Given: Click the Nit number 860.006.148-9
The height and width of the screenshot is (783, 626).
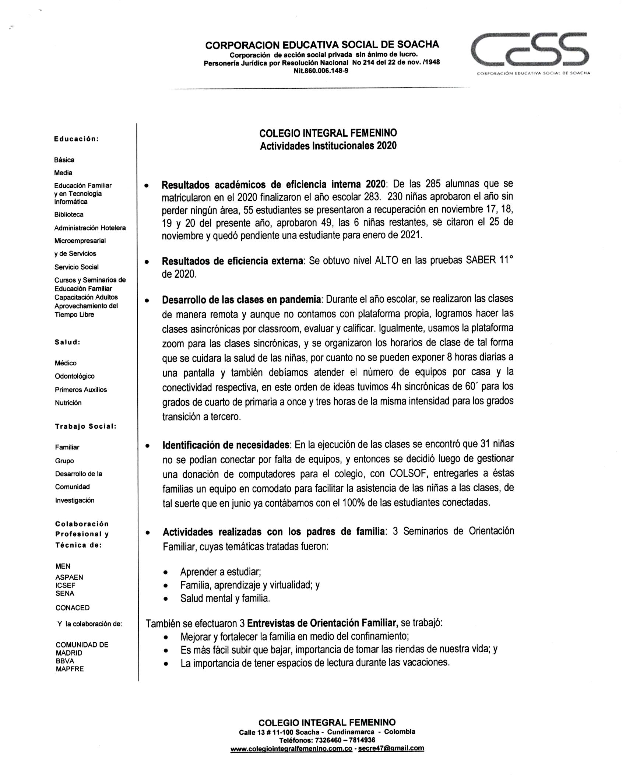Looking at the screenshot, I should [321, 70].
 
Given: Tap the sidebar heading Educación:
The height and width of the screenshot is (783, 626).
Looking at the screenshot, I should [76, 139].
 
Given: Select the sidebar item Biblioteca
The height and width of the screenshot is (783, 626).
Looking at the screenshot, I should [69, 214].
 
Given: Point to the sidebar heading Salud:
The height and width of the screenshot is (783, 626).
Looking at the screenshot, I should [68, 342].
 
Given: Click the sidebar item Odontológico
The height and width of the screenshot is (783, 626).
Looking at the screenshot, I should [75, 376].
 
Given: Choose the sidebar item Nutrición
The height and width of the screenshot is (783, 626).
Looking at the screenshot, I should [68, 403].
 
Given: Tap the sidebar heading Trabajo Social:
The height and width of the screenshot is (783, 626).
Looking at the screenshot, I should [86, 426].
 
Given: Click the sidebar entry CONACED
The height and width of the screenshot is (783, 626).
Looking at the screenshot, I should [73, 608].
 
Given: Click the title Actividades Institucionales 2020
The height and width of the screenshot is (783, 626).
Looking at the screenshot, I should [328, 146].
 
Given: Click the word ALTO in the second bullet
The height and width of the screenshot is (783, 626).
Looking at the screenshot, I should [387, 261].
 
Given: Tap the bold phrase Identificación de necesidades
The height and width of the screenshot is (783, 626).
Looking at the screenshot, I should [226, 445].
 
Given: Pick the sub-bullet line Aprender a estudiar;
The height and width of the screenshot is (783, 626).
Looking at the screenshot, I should [221, 572].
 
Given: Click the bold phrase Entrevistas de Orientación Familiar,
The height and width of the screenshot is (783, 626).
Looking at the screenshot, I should [323, 623].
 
